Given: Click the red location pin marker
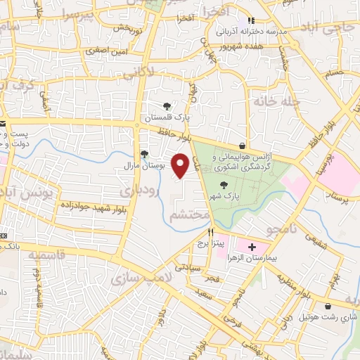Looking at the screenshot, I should [x=181, y=166].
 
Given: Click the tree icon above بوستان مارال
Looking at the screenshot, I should [x=144, y=155].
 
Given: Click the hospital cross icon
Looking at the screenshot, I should [x=252, y=247].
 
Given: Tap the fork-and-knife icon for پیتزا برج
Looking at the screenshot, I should [x=210, y=231].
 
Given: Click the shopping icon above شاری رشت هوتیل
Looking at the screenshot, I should [x=329, y=306].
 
